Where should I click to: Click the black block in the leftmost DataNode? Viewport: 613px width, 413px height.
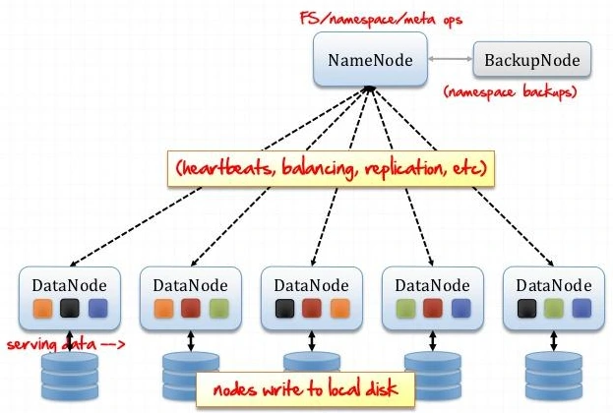(x=70, y=309)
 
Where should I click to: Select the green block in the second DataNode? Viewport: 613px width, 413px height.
(x=218, y=309)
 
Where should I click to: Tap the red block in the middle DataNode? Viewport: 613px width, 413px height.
(x=311, y=309)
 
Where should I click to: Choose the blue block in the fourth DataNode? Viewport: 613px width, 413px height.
(x=460, y=309)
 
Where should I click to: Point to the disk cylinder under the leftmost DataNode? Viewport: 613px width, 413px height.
(x=70, y=378)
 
